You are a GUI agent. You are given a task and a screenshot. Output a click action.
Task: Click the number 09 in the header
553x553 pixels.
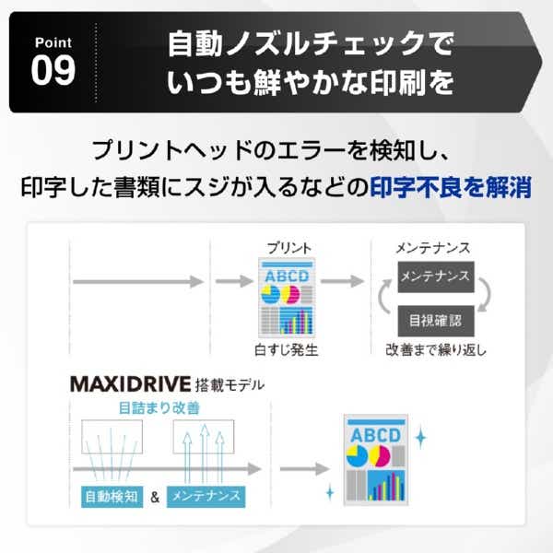pos(53,71)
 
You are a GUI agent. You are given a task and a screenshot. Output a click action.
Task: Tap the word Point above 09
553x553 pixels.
pos(53,42)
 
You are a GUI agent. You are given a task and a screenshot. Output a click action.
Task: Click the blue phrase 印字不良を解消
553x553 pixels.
pos(451,187)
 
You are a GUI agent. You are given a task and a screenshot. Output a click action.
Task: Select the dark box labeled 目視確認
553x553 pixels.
pos(436,321)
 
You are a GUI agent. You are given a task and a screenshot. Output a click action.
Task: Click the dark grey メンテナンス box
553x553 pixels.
pos(436,276)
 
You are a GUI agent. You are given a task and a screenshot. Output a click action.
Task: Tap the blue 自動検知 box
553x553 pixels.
pos(112,497)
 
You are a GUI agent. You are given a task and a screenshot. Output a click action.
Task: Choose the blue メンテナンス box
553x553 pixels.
pos(206,497)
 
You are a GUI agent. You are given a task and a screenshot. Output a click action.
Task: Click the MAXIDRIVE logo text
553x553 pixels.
pos(131,384)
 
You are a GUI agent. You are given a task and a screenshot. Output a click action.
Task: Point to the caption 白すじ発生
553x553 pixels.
pos(286,350)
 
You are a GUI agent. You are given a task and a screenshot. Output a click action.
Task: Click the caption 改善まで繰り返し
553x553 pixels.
pos(436,350)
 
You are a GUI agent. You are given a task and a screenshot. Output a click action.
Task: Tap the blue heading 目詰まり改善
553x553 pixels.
pos(159,408)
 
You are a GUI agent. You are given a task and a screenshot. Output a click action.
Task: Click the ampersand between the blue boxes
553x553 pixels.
pos(155,498)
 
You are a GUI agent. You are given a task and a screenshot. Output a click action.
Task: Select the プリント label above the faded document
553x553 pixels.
pos(289,248)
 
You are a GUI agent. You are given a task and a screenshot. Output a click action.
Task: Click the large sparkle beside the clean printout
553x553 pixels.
pos(420,437)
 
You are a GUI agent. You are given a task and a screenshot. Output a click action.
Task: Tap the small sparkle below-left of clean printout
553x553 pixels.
pos(330,492)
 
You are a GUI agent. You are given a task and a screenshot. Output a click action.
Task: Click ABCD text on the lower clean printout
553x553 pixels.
pos(376,436)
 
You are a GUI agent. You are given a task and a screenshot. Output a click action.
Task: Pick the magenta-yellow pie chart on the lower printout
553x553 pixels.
pos(380,456)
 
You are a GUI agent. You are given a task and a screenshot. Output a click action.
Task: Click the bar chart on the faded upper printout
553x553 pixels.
pos(296,321)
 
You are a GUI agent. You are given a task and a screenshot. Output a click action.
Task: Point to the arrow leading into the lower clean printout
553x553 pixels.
pos(305,469)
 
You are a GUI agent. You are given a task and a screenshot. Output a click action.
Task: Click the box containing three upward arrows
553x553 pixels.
pos(204,437)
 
